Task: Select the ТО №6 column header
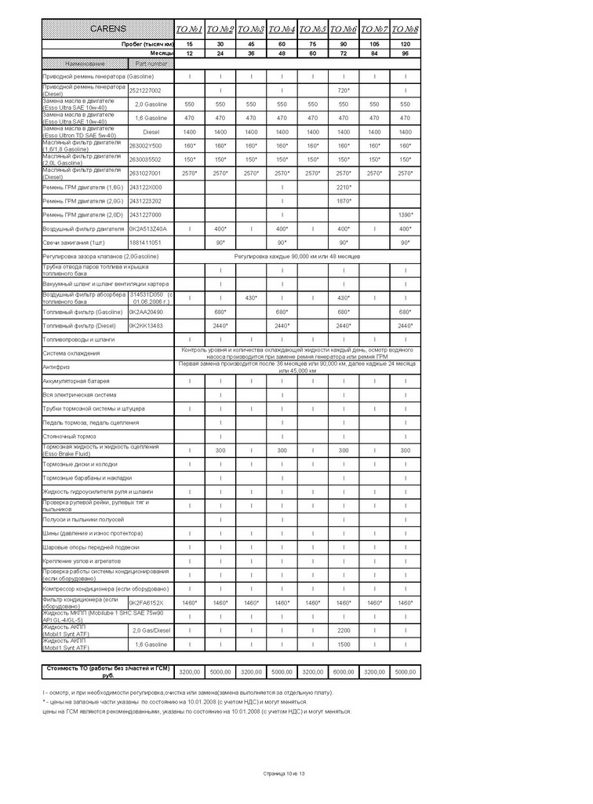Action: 343,29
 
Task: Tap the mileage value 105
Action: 374,44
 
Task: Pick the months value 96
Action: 405,53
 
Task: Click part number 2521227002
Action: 145,90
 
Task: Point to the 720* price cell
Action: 343,90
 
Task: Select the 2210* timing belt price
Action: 343,187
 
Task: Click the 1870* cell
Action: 343,200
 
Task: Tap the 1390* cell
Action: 405,214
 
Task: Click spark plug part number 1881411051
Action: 145,243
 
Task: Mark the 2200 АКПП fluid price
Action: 343,630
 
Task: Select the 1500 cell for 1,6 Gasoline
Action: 343,644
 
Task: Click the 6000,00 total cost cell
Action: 343,672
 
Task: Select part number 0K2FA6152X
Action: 147,602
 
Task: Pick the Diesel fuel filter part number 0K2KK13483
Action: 146,325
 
